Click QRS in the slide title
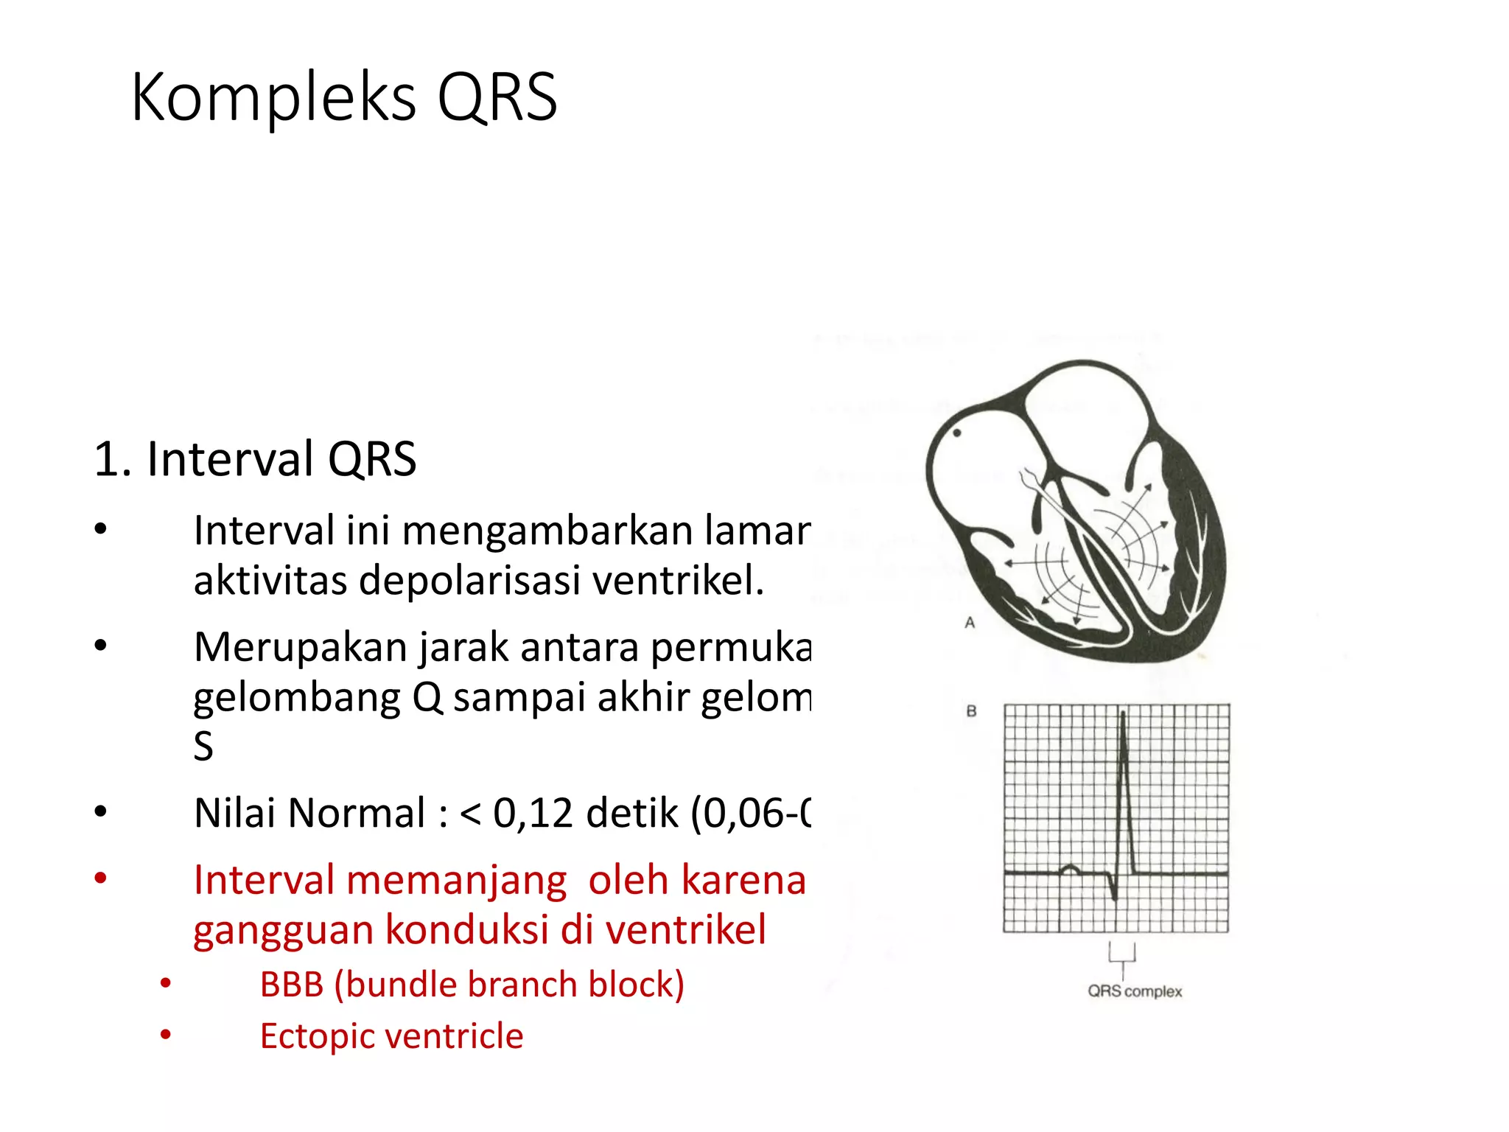click(497, 98)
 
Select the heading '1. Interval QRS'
click(255, 458)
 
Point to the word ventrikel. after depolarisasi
click(678, 580)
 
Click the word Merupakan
click(301, 647)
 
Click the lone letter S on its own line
click(203, 746)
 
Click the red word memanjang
click(456, 880)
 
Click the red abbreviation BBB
click(292, 985)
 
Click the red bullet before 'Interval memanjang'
click(101, 878)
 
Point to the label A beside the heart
click(970, 623)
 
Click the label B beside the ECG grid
click(971, 711)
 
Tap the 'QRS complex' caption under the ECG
click(1135, 991)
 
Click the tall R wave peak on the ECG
click(1123, 713)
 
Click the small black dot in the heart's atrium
click(957, 433)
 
